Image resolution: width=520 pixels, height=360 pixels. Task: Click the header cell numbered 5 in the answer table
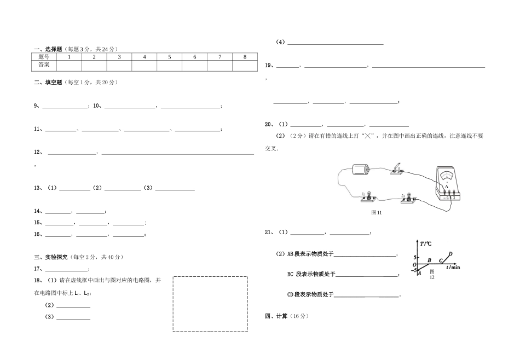click(x=170, y=57)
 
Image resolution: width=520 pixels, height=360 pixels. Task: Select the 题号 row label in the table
click(x=44, y=57)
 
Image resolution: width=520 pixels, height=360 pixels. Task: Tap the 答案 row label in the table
click(x=44, y=65)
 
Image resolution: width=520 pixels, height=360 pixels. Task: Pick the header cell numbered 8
click(x=245, y=57)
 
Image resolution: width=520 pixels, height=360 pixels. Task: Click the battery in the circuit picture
click(x=361, y=170)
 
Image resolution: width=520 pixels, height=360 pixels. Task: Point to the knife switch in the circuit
click(x=397, y=170)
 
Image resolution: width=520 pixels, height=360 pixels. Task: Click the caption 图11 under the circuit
click(x=376, y=212)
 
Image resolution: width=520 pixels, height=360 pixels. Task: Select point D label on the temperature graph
click(x=450, y=253)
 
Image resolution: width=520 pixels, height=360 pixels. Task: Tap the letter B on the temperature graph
click(x=429, y=260)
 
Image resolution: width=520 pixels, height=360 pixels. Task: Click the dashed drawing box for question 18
click(x=210, y=304)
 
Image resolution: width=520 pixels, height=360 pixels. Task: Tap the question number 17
click(x=37, y=269)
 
